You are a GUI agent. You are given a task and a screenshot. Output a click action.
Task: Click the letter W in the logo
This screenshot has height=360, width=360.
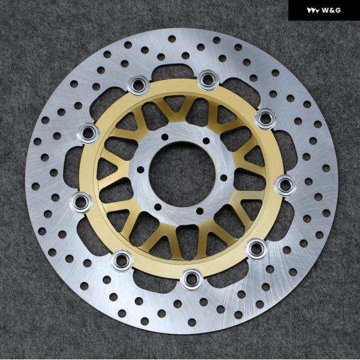coord(325,10)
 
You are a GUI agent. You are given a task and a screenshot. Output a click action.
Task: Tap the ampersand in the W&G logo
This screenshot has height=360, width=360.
coord(332,10)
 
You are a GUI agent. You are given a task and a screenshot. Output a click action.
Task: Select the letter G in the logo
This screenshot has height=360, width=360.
coord(338,10)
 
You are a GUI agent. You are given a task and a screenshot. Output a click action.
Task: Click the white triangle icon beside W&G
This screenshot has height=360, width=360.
coord(313,11)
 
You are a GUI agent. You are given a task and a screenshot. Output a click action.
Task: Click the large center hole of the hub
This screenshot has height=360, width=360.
coord(182,174)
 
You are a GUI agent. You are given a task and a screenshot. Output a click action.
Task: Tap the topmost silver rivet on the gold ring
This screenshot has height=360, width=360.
coord(208,80)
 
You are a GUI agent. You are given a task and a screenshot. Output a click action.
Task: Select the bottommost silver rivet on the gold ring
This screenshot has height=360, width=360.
coord(192,279)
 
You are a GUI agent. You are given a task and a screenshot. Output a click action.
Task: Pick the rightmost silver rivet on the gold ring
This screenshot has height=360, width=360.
coord(286,185)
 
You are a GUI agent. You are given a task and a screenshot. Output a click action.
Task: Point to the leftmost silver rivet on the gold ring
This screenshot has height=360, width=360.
coord(81,203)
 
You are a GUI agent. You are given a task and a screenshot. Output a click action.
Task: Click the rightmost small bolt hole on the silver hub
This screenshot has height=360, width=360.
coord(224,178)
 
